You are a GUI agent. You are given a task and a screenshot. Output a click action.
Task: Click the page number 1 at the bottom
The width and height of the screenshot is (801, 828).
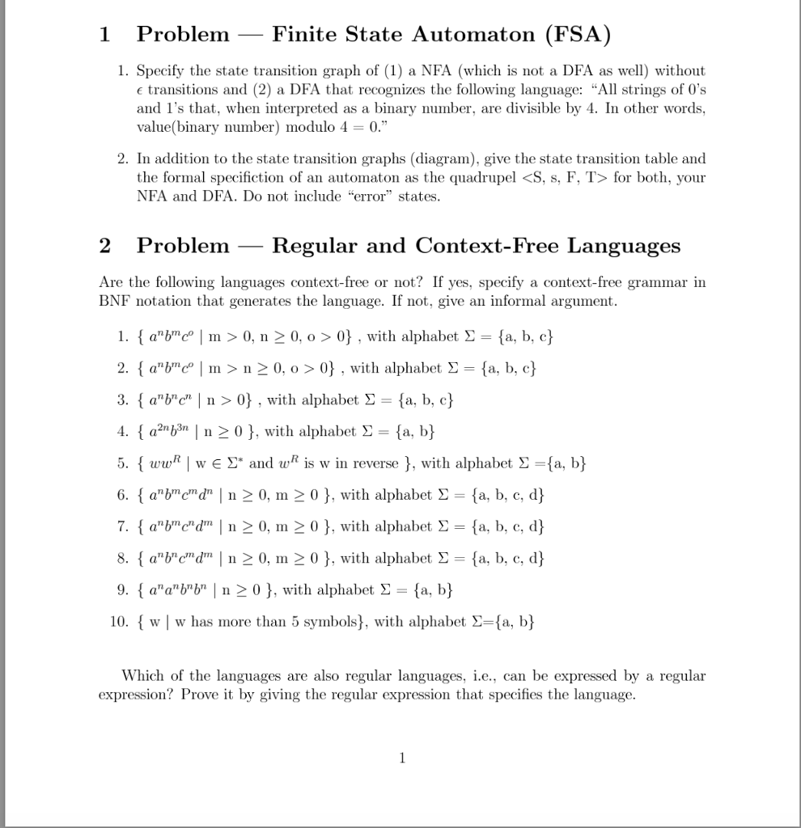(x=402, y=758)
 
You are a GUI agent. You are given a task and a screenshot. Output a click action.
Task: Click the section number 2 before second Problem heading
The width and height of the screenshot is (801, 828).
(x=105, y=246)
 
